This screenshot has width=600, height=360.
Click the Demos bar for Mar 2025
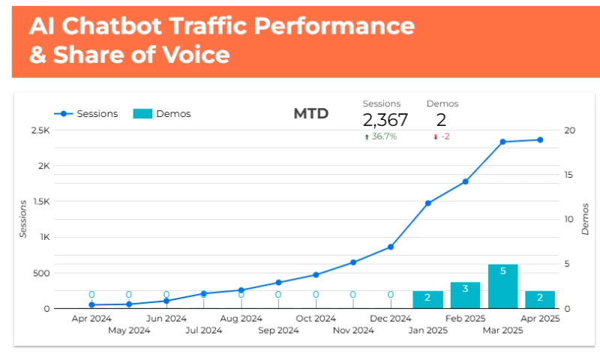502,286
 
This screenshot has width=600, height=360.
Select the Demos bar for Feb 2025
465,295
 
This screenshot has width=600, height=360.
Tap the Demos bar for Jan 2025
427,299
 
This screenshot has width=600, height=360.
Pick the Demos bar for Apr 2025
540,299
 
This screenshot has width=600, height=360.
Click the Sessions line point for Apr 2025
540,139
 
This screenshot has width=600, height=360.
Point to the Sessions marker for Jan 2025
427,203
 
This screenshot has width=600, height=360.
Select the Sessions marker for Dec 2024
391,247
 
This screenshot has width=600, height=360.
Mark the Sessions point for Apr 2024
91,304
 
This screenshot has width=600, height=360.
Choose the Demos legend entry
162,114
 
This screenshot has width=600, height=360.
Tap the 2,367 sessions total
385,120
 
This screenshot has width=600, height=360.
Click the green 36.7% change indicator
381,136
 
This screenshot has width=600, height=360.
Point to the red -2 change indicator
442,136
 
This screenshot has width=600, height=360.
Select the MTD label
310,114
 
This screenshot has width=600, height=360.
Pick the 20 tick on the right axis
570,130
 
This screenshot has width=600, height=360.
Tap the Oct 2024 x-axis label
316,319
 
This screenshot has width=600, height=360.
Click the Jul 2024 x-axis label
203,330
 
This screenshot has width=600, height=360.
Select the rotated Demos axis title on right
585,219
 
